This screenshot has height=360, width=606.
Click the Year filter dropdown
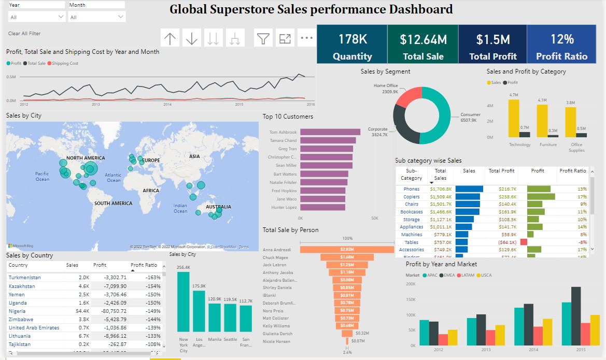pyautogui.click(x=36, y=17)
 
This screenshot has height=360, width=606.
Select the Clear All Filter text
pyautogui.click(x=24, y=34)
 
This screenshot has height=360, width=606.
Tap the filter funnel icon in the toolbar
pyautogui.click(x=264, y=38)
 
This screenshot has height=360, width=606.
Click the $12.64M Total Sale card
pyautogui.click(x=423, y=45)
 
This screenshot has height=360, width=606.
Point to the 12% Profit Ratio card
pyautogui.click(x=562, y=45)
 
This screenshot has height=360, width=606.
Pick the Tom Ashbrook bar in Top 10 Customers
pyautogui.click(x=330, y=132)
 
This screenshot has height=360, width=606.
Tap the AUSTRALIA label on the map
pyautogui.click(x=218, y=207)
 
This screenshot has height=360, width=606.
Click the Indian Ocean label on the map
pyautogui.click(x=180, y=208)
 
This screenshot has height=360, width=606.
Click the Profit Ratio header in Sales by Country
pyautogui.click(x=144, y=265)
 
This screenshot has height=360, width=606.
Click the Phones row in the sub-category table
pyautogui.click(x=412, y=189)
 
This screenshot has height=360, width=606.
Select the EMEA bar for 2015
pyautogui.click(x=576, y=316)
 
